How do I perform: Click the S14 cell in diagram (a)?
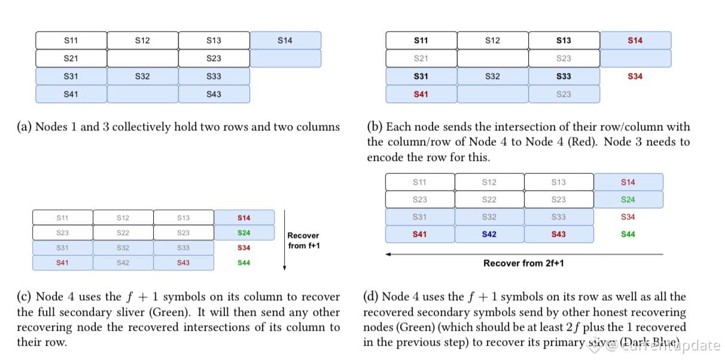[x=285, y=41]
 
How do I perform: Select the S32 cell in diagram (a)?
[x=142, y=77]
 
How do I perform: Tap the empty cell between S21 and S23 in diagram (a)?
[x=142, y=59]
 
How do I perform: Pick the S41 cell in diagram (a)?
[x=71, y=94]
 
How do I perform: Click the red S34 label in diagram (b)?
[x=635, y=77]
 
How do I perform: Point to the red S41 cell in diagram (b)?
[x=421, y=94]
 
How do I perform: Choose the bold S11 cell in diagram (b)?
[x=421, y=41]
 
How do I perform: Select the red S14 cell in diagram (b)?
[x=635, y=41]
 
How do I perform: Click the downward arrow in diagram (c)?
[x=285, y=239]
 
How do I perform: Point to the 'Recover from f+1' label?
[x=303, y=240]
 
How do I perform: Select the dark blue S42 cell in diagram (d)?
[x=489, y=234]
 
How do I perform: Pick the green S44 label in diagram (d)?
[x=628, y=234]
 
